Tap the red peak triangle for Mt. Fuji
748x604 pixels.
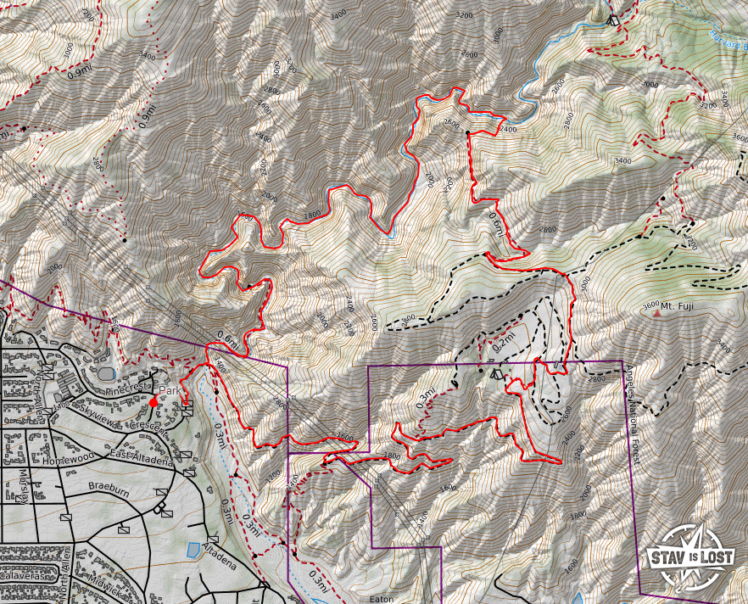pos(656,313)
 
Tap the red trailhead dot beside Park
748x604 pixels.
pos(153,401)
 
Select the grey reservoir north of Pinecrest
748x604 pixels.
pos(106,372)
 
